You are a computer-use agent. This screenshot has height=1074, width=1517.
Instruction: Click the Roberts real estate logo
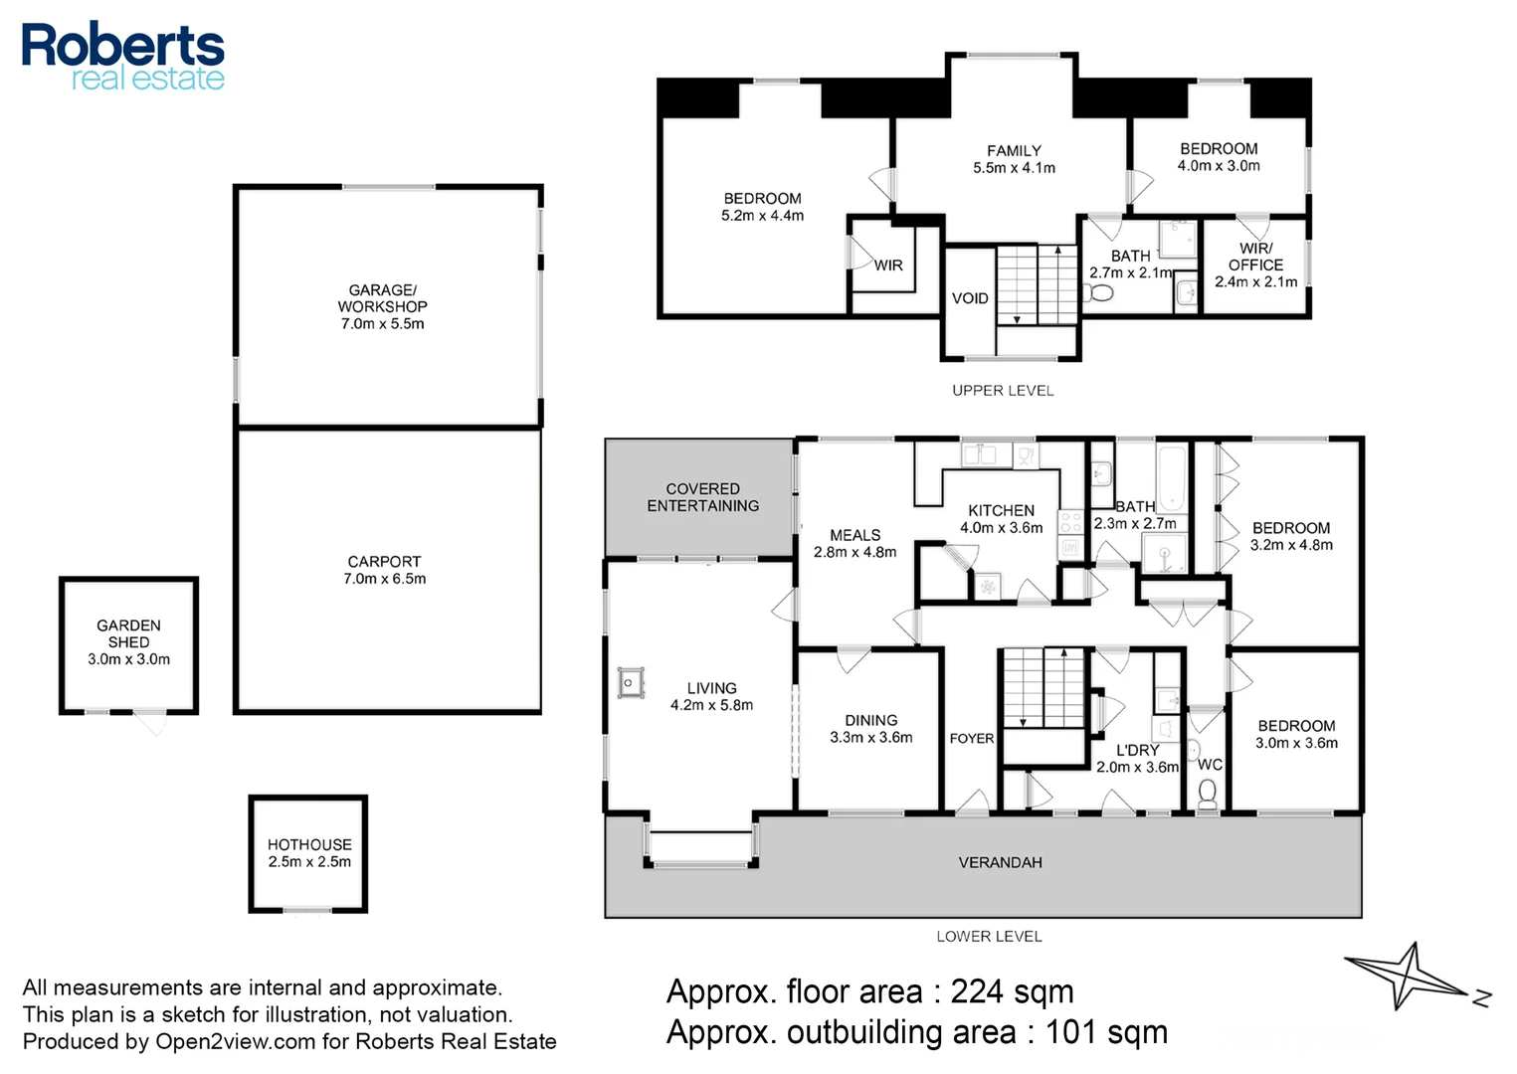122,57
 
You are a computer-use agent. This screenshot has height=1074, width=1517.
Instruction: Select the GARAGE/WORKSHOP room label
383,306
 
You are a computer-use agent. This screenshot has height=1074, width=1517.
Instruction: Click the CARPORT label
385,570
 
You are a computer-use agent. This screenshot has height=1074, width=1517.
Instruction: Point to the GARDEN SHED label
128,642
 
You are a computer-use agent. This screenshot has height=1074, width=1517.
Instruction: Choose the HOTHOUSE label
309,853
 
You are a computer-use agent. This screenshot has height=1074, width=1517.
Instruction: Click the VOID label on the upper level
970,298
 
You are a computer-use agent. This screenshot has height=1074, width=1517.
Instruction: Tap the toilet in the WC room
1208,794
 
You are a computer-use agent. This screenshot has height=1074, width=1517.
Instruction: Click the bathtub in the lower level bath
1172,478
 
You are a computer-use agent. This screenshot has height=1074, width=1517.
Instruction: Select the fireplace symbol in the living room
630,683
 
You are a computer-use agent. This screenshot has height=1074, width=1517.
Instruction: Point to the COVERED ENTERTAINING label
703,497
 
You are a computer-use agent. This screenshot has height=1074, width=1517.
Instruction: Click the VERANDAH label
1001,862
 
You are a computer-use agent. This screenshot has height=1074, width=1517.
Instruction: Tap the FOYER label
972,738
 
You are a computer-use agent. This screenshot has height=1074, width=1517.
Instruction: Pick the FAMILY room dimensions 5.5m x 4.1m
1014,168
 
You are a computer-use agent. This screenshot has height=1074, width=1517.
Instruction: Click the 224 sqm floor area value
1013,992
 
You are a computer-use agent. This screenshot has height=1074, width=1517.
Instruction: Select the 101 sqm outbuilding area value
1106,1032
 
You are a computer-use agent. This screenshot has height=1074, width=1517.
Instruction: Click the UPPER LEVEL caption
1003,391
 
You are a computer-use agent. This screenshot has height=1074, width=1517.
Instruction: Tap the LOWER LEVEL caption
990,937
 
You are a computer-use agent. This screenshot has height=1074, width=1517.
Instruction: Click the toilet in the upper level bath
1098,293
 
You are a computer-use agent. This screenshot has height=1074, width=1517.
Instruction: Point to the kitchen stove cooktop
1070,523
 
